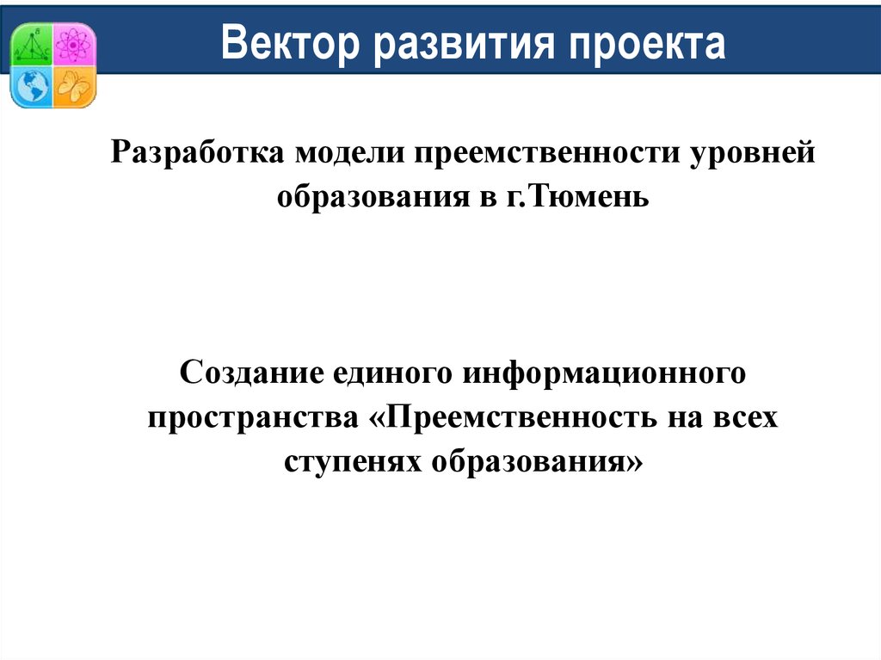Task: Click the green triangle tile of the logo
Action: pos(32,44)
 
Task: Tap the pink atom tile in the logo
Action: pos(73,43)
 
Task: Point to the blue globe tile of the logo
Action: pos(32,85)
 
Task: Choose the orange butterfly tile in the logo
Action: pos(73,85)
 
